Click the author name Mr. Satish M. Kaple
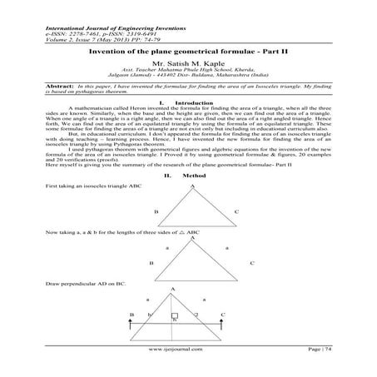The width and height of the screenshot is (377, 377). pos(188,62)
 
